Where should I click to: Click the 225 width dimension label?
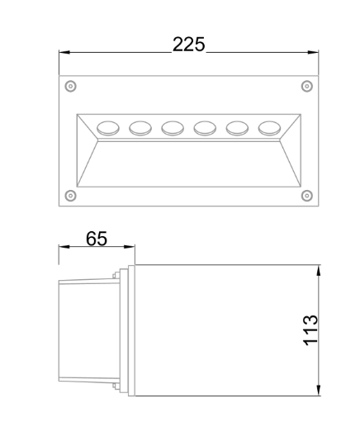189,45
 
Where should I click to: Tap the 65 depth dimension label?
97,239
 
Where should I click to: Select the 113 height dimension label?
310,330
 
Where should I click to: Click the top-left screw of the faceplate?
70,86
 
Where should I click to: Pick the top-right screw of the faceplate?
307,86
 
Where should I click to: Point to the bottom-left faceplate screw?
70,196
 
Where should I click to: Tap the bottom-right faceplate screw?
307,196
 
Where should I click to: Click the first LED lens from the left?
108,128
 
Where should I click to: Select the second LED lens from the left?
140,128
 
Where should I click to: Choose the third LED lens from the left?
173,128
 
